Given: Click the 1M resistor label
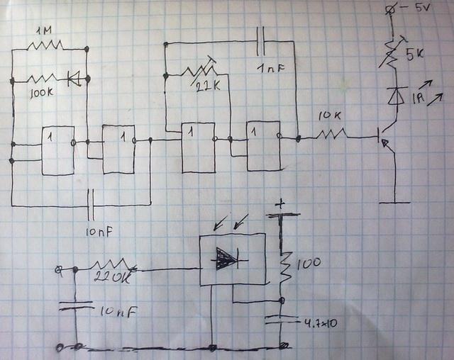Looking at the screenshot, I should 45,32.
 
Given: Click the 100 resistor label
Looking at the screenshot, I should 309,264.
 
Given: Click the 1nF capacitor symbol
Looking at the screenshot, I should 262,44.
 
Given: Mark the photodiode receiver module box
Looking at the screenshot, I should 232,260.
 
